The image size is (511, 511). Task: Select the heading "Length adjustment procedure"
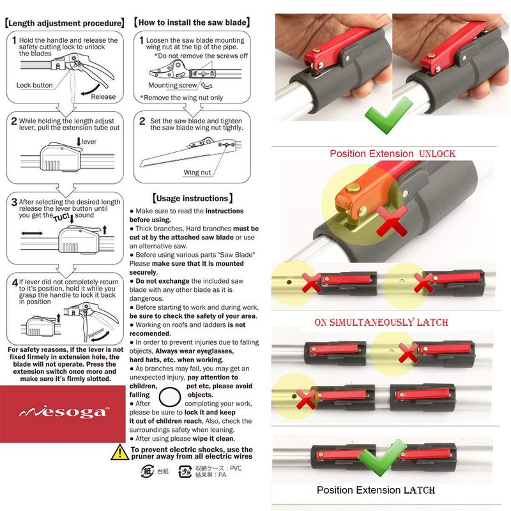(64, 23)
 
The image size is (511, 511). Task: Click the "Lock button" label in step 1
(34, 85)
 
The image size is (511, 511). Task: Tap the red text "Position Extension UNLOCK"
(392, 154)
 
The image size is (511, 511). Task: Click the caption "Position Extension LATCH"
(376, 491)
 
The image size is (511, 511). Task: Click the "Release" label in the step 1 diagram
(103, 96)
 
